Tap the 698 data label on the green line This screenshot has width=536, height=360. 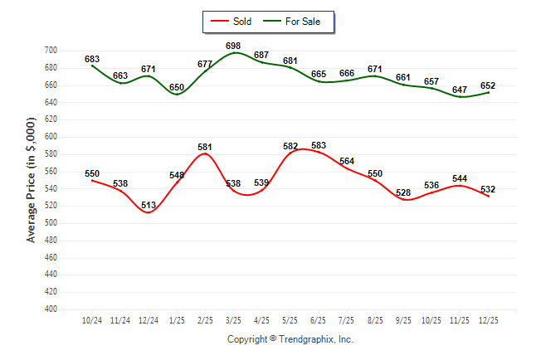point(233,44)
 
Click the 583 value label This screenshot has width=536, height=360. point(319,146)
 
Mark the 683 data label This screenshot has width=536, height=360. point(92,60)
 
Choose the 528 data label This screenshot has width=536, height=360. point(404,193)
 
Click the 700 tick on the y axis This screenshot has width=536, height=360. point(50,51)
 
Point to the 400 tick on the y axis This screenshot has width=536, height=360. point(50,309)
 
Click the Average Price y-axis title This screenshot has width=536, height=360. point(32,180)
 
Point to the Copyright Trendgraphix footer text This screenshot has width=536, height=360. point(290,339)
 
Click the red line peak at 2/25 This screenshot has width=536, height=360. point(205,153)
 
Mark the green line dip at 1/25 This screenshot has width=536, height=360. point(177,94)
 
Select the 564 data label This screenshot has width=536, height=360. point(347,162)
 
